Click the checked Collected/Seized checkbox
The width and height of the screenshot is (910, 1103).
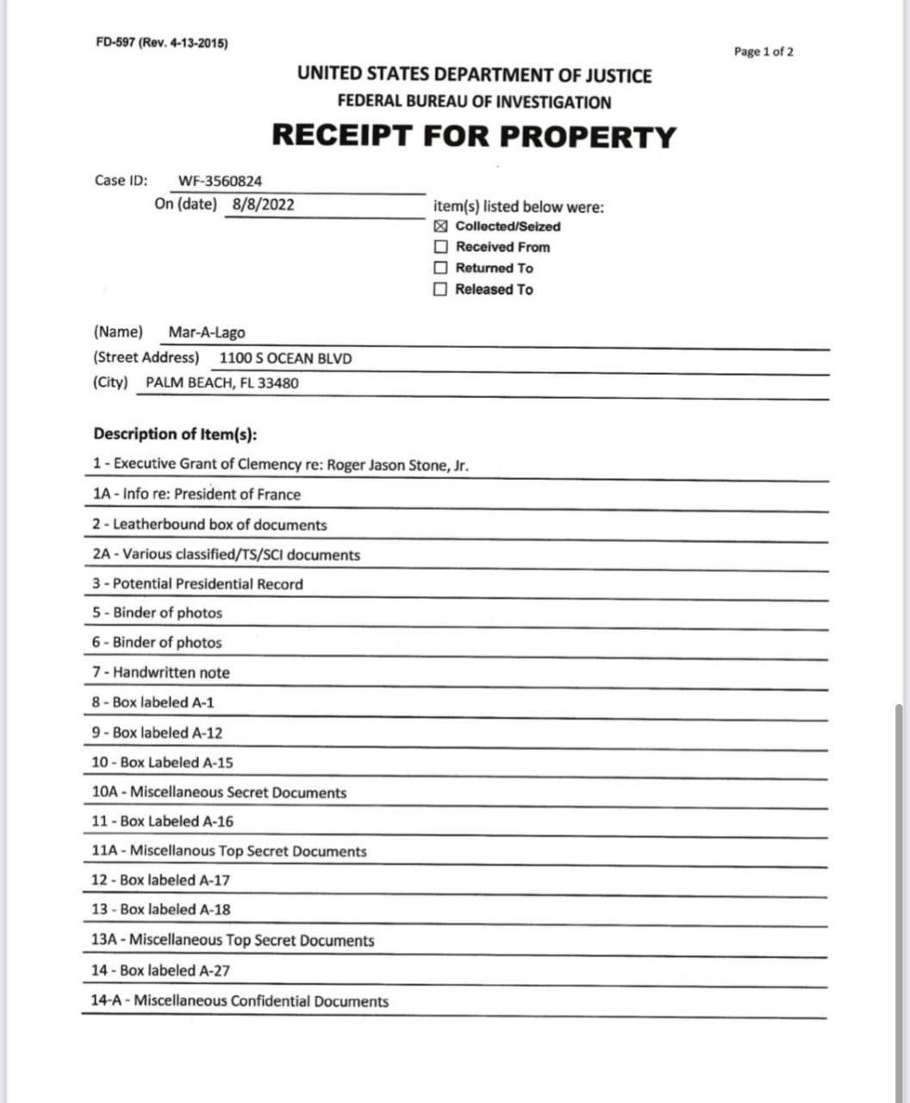(x=440, y=227)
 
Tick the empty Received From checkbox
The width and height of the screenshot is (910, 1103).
(x=440, y=247)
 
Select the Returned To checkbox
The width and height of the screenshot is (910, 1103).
(x=440, y=268)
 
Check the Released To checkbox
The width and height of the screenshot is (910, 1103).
(x=440, y=290)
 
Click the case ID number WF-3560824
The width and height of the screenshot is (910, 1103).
(x=220, y=182)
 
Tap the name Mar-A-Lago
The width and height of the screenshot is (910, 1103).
(x=207, y=333)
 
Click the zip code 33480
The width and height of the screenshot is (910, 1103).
(x=278, y=383)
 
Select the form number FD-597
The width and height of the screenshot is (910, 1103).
(x=115, y=43)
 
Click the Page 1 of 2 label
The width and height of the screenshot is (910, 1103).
(x=764, y=52)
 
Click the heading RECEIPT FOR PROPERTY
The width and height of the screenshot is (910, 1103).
(x=474, y=136)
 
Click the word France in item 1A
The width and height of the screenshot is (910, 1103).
(x=280, y=495)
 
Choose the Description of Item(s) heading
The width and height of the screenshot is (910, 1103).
(x=175, y=433)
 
